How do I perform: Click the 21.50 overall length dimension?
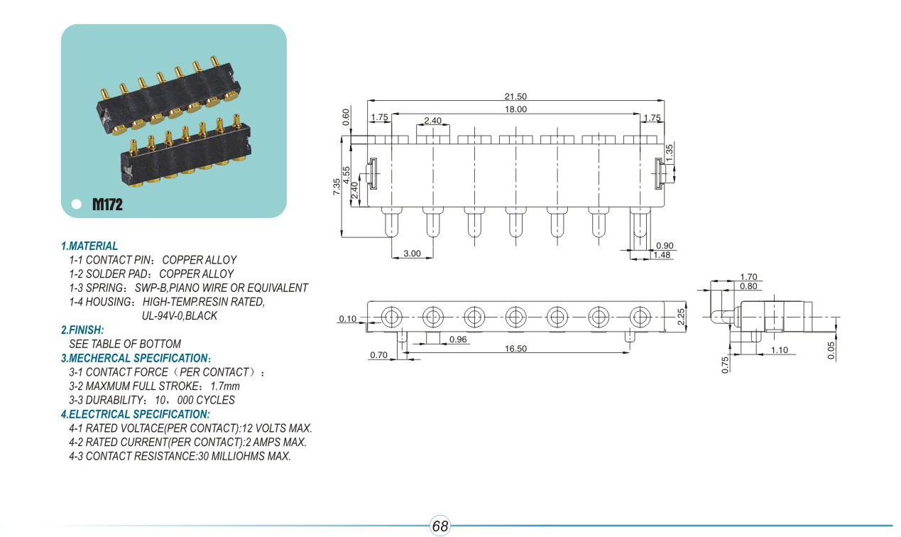click(x=515, y=97)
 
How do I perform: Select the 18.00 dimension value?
click(x=515, y=109)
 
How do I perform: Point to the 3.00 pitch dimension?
click(x=412, y=254)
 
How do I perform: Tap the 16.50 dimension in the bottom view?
click(x=515, y=349)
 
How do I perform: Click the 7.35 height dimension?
click(x=337, y=187)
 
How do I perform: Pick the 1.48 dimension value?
click(x=662, y=255)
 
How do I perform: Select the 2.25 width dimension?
click(x=681, y=317)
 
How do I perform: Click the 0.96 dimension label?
click(x=458, y=340)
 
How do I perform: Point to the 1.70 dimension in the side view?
click(x=748, y=277)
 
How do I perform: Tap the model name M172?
click(x=107, y=205)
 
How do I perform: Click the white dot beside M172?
click(x=77, y=204)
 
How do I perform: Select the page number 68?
click(x=440, y=526)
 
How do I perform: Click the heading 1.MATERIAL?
click(x=89, y=246)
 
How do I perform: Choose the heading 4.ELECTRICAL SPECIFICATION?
click(x=136, y=414)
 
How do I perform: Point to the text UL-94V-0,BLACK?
click(x=180, y=315)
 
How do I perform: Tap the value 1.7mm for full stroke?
click(x=225, y=386)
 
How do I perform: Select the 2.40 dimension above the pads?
click(x=433, y=121)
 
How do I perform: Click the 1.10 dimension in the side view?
click(x=779, y=350)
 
